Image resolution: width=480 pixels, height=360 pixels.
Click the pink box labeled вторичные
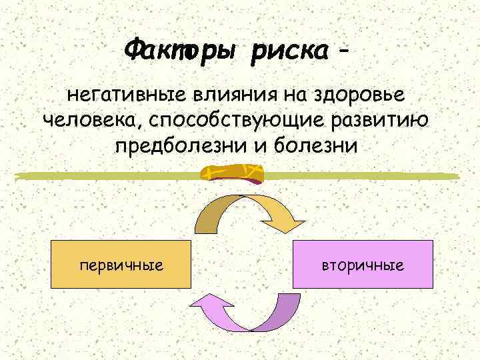[x=363, y=265]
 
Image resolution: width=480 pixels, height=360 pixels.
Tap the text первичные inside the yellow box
[x=121, y=265]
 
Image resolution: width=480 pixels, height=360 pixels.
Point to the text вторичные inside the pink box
[x=363, y=265]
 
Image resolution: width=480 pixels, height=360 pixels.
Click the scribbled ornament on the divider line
[x=233, y=174]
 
